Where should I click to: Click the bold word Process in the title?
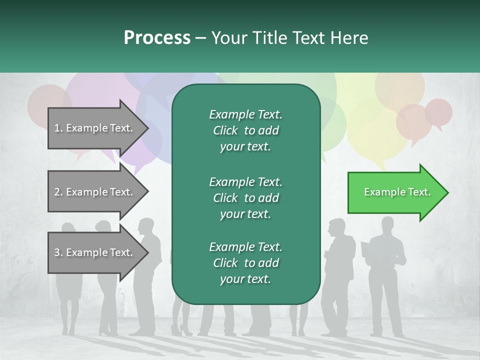point(157,37)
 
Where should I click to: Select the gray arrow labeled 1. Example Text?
point(95,128)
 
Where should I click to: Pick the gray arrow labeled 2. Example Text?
point(95,192)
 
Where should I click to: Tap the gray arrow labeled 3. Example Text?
point(95,252)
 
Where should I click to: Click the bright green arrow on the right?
point(395,192)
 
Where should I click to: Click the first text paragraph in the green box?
point(245,130)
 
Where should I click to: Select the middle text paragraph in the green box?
point(245,198)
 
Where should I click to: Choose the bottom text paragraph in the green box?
point(245,263)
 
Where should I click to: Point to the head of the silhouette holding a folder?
point(387,223)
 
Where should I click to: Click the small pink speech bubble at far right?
point(439,112)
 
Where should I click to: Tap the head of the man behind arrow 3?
point(146,225)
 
